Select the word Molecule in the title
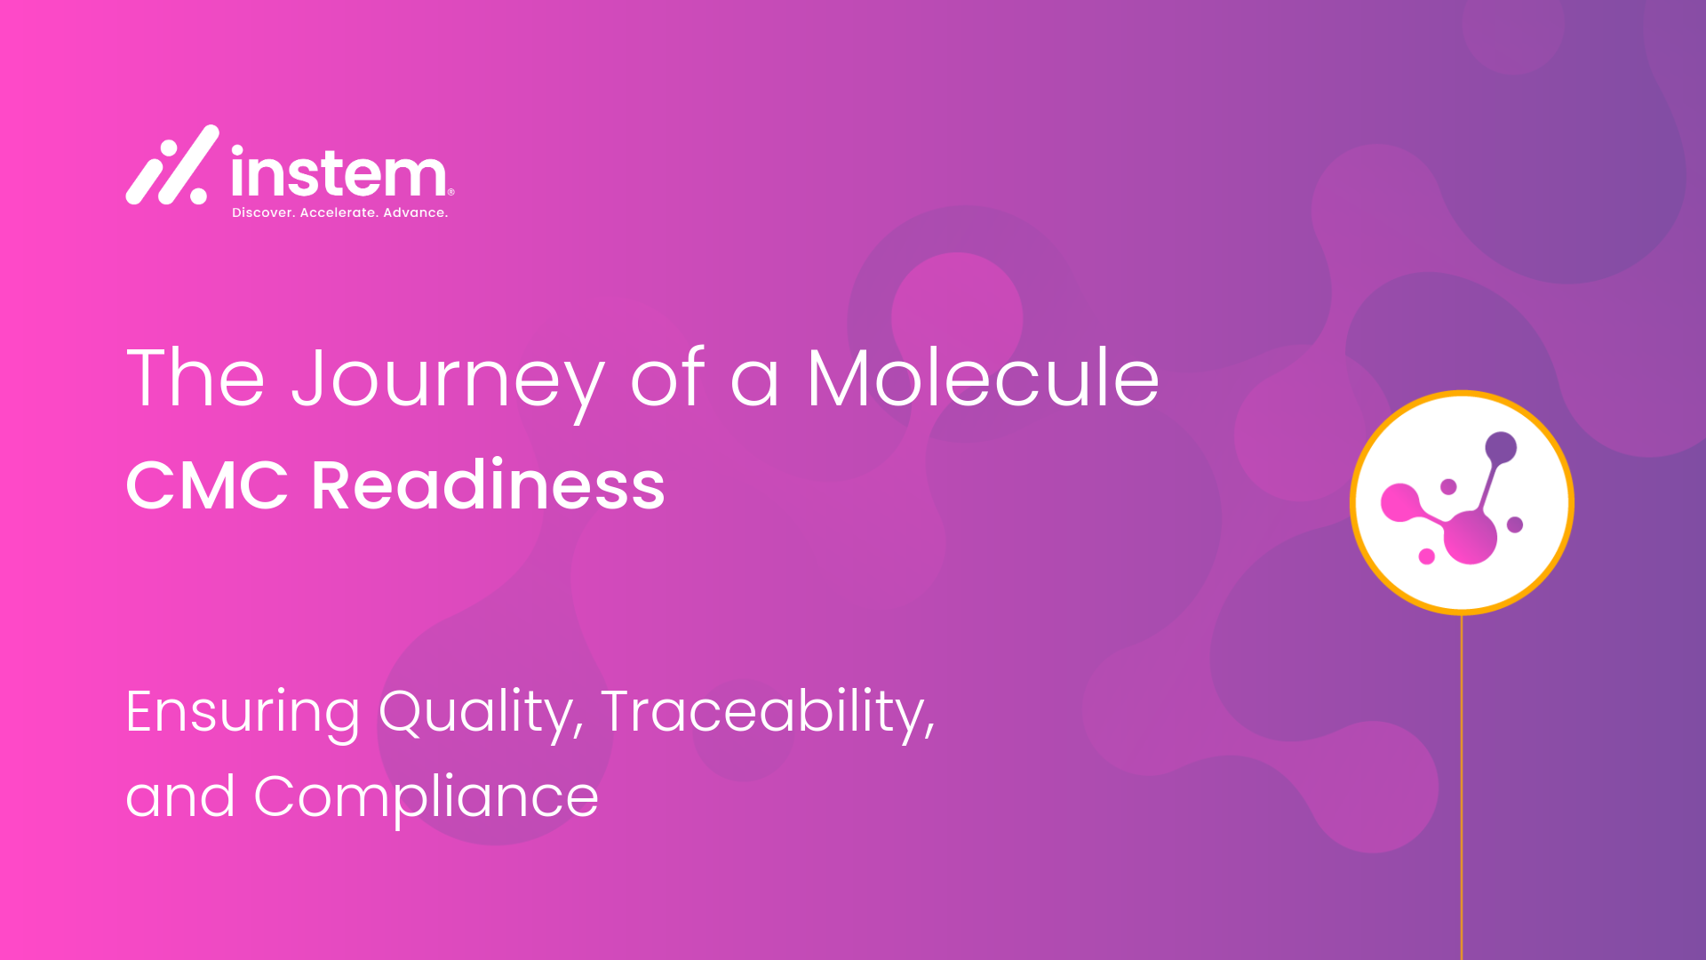tap(983, 377)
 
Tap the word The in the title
tap(195, 377)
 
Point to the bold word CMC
tap(207, 485)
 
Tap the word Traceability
tap(769, 714)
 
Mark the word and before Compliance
tap(180, 797)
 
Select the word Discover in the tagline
tap(264, 212)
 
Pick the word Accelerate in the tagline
tap(339, 212)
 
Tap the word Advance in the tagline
tap(415, 212)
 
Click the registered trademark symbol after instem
tap(450, 191)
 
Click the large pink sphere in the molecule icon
tap(1471, 538)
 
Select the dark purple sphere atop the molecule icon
tap(1501, 448)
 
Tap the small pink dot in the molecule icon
tap(1427, 556)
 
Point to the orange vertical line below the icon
tap(1462, 787)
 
